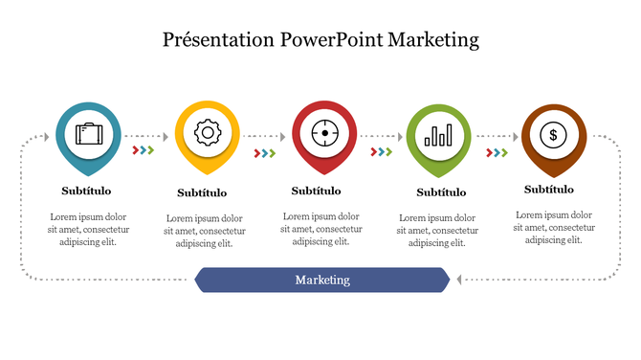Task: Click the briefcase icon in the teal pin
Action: click(x=89, y=134)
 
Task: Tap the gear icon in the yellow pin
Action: click(x=208, y=133)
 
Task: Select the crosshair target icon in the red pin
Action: click(x=324, y=133)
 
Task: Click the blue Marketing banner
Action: click(x=322, y=280)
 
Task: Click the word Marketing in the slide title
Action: click(x=432, y=40)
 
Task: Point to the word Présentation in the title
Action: click(x=218, y=40)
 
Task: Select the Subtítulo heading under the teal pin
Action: click(x=86, y=191)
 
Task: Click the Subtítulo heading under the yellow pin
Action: click(x=203, y=192)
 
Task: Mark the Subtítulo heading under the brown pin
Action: click(x=549, y=190)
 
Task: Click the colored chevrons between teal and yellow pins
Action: click(x=143, y=150)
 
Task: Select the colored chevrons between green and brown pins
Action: click(x=497, y=152)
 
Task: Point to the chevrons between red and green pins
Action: click(x=382, y=152)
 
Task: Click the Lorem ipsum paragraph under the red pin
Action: click(x=321, y=229)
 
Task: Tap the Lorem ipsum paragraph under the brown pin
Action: click(x=554, y=227)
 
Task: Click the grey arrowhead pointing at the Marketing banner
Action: click(x=458, y=280)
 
